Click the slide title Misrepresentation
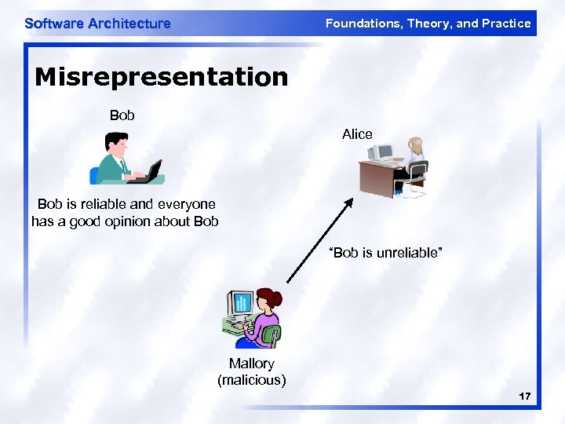(162, 77)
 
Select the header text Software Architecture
(97, 24)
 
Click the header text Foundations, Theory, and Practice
(428, 24)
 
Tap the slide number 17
(524, 397)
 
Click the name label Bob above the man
(122, 115)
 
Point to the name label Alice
(357, 134)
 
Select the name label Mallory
(251, 364)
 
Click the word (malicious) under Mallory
(251, 381)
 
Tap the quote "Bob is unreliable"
(386, 254)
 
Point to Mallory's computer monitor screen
(241, 302)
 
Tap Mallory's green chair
(272, 336)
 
